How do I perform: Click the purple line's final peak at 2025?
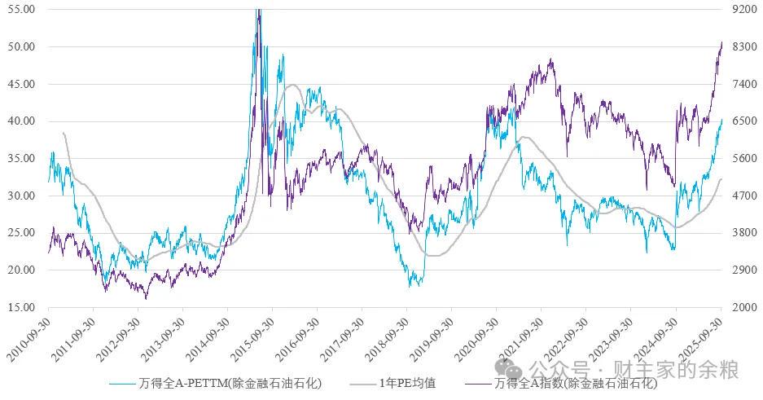click(x=721, y=42)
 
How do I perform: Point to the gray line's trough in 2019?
click(x=434, y=256)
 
